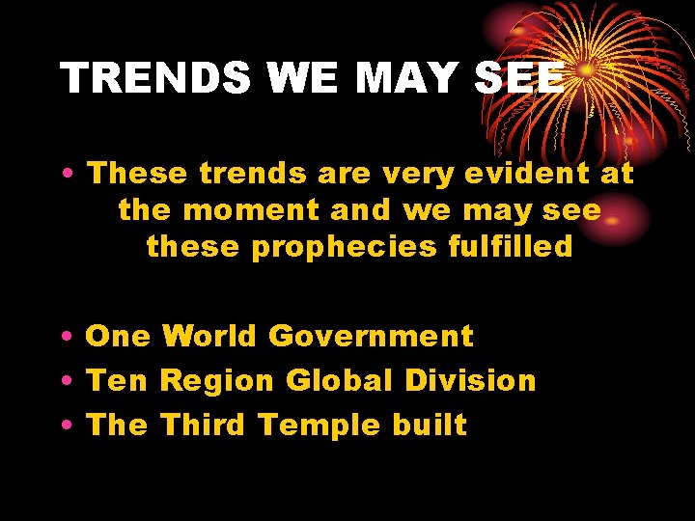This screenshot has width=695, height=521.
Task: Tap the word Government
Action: [371, 337]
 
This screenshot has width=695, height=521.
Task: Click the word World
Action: [208, 337]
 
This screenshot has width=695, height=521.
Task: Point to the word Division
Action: [470, 381]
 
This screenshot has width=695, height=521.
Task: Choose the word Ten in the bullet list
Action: [117, 381]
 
